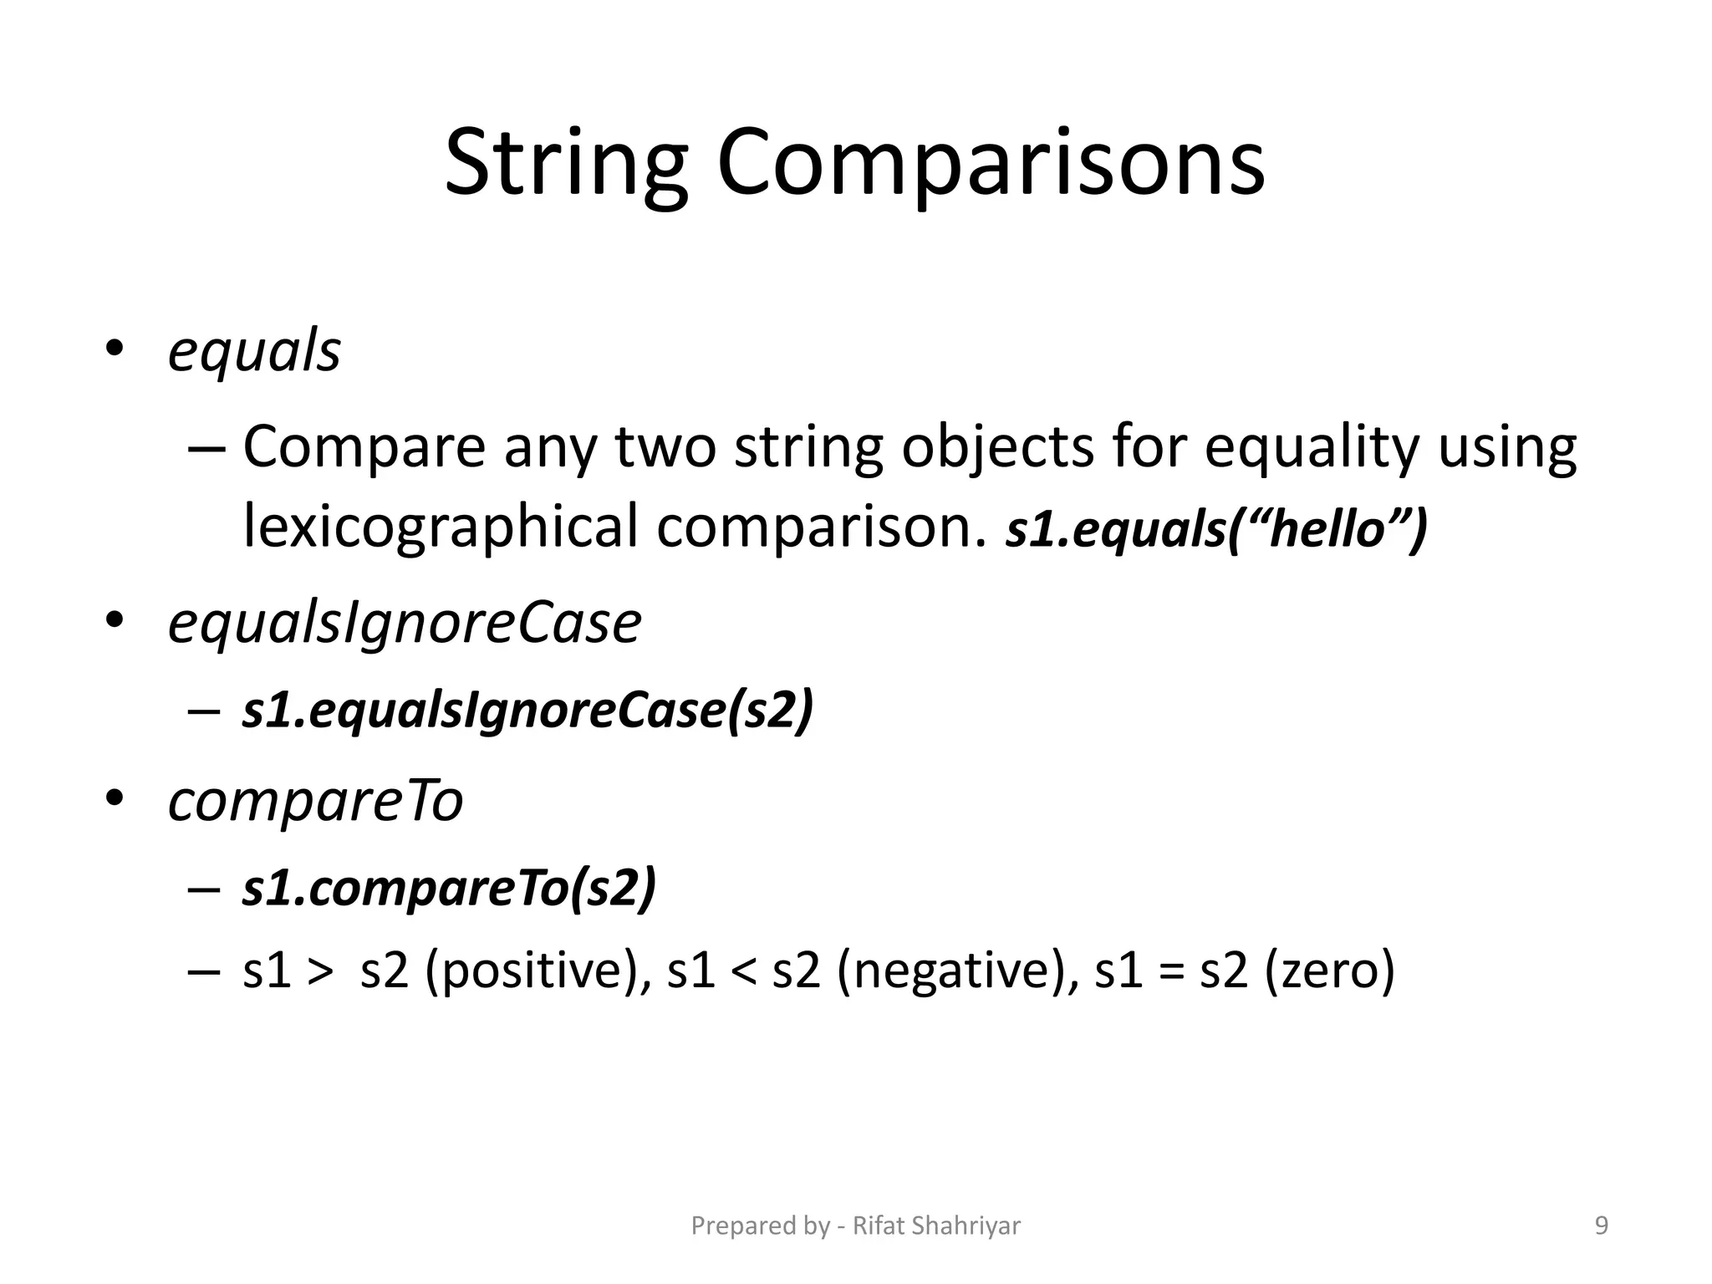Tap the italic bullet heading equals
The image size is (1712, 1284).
click(254, 351)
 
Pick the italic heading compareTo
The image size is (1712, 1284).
click(315, 801)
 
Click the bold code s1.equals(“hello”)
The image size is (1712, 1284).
click(1216, 529)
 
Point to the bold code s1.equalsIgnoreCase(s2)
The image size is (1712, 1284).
click(527, 711)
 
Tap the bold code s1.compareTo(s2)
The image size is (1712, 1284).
click(449, 888)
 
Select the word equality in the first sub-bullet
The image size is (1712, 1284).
click(1312, 447)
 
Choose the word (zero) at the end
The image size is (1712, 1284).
click(1329, 971)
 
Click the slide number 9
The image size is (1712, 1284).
click(1602, 1225)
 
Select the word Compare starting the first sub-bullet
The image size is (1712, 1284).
click(364, 447)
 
